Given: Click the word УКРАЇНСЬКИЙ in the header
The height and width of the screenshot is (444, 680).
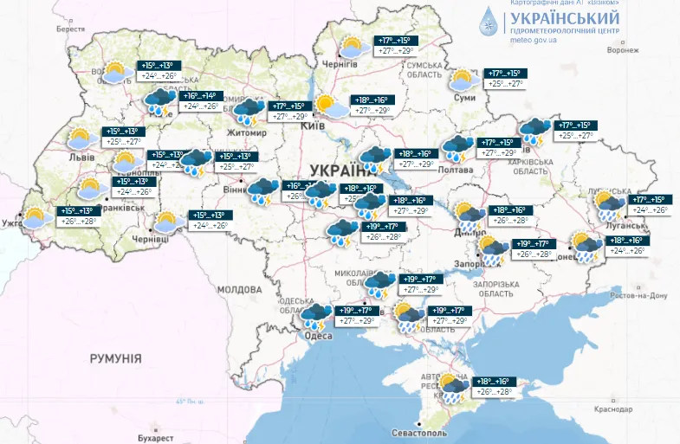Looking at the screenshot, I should (x=564, y=18).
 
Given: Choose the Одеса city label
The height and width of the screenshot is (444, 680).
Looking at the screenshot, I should (x=318, y=336).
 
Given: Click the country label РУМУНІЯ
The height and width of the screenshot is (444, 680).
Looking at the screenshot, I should (x=115, y=357).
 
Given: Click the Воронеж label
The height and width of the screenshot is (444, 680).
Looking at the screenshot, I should (x=621, y=49).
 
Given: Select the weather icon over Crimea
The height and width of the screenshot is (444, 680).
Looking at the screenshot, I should (x=453, y=388).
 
